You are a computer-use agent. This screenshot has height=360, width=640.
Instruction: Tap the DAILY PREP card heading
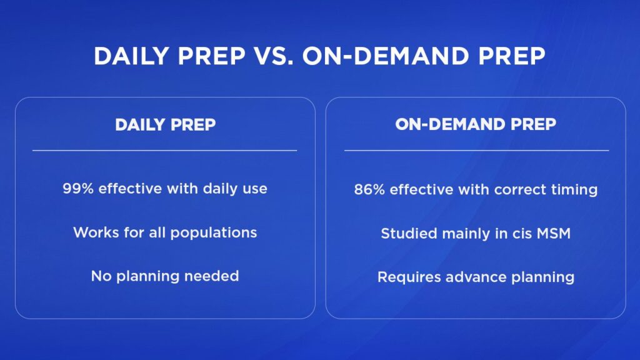(x=165, y=125)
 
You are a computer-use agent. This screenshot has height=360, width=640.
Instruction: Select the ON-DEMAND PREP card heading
(x=476, y=124)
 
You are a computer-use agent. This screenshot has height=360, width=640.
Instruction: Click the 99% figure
(x=78, y=189)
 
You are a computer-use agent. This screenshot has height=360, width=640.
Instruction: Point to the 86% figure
(x=369, y=189)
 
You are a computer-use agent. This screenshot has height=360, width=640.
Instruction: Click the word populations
(x=214, y=233)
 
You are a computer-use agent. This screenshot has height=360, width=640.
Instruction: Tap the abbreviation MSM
(x=554, y=234)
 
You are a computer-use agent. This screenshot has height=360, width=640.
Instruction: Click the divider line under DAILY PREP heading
(x=165, y=151)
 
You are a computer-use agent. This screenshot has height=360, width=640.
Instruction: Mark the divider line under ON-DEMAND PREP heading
(x=477, y=151)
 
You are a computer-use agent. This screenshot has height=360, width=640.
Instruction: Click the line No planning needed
(x=165, y=276)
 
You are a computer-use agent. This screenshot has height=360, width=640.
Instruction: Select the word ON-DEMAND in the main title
(x=386, y=56)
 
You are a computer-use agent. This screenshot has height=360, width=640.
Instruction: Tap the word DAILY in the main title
(x=131, y=56)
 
